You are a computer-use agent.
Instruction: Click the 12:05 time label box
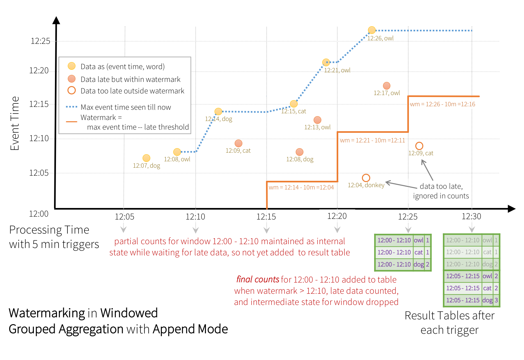[125, 216]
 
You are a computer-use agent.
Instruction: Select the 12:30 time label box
[471, 216]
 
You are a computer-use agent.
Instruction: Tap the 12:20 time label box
[337, 216]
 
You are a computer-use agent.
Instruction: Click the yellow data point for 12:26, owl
[371, 30]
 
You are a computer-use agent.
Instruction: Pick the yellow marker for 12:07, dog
[146, 158]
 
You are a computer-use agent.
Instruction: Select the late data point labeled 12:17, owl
[387, 86]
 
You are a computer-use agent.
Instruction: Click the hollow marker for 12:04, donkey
[366, 178]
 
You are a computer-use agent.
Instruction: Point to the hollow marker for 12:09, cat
[419, 146]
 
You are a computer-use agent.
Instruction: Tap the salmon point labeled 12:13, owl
[317, 120]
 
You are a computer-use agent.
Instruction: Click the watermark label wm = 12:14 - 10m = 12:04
[301, 187]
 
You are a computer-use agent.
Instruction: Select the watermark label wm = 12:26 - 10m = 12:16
[442, 104]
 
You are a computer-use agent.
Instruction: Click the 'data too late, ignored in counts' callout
[441, 191]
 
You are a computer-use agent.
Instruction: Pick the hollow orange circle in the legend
[72, 91]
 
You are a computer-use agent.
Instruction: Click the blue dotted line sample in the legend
[72, 107]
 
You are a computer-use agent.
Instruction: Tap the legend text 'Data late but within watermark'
[130, 79]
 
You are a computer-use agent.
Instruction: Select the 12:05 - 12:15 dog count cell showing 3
[496, 300]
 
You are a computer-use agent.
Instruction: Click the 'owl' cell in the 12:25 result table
[418, 240]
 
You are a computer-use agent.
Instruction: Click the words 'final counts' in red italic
[258, 280]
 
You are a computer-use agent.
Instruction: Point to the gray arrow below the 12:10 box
[196, 230]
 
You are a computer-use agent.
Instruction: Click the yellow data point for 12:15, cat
[294, 104]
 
